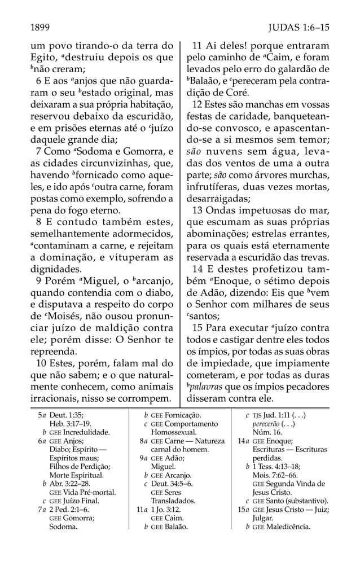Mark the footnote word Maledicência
click(x=282, y=527)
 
